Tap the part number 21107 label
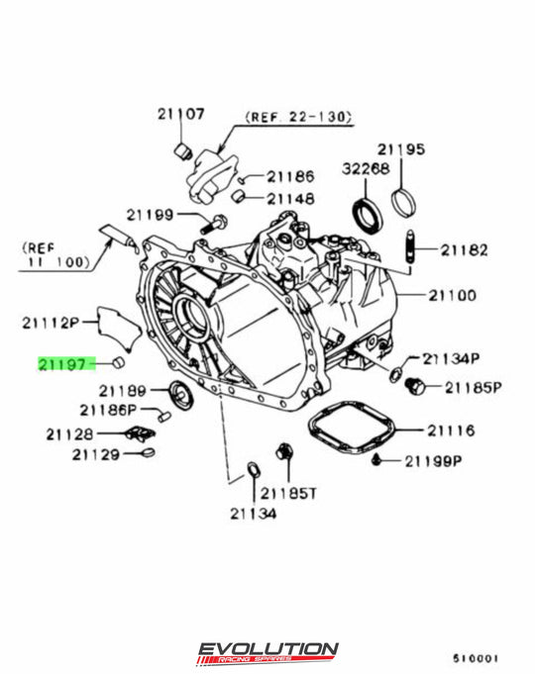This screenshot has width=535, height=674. [x=179, y=114]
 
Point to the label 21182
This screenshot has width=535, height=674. [x=464, y=250]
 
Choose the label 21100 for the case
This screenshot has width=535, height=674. [x=452, y=295]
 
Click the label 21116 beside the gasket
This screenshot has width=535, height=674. [x=451, y=431]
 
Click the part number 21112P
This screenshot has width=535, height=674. [x=49, y=322]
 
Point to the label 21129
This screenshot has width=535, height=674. [x=95, y=454]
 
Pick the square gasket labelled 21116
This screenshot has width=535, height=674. [x=352, y=432]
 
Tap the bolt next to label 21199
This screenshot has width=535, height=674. [x=208, y=225]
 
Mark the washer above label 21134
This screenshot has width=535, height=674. [x=252, y=467]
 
